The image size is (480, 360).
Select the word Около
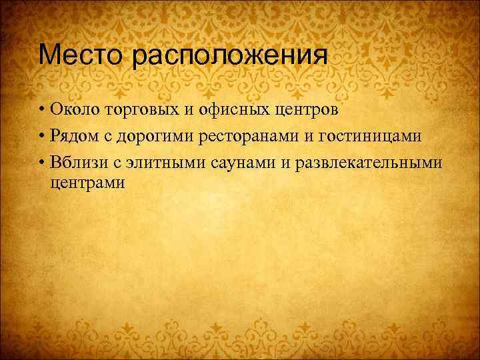pyautogui.click(x=73, y=109)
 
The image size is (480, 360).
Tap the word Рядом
pyautogui.click(x=73, y=137)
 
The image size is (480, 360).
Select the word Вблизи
pyautogui.click(x=76, y=163)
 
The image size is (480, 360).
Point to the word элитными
pyautogui.click(x=161, y=163)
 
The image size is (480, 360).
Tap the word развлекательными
pyautogui.click(x=369, y=163)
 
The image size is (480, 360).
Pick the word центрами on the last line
pyautogui.click(x=87, y=182)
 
